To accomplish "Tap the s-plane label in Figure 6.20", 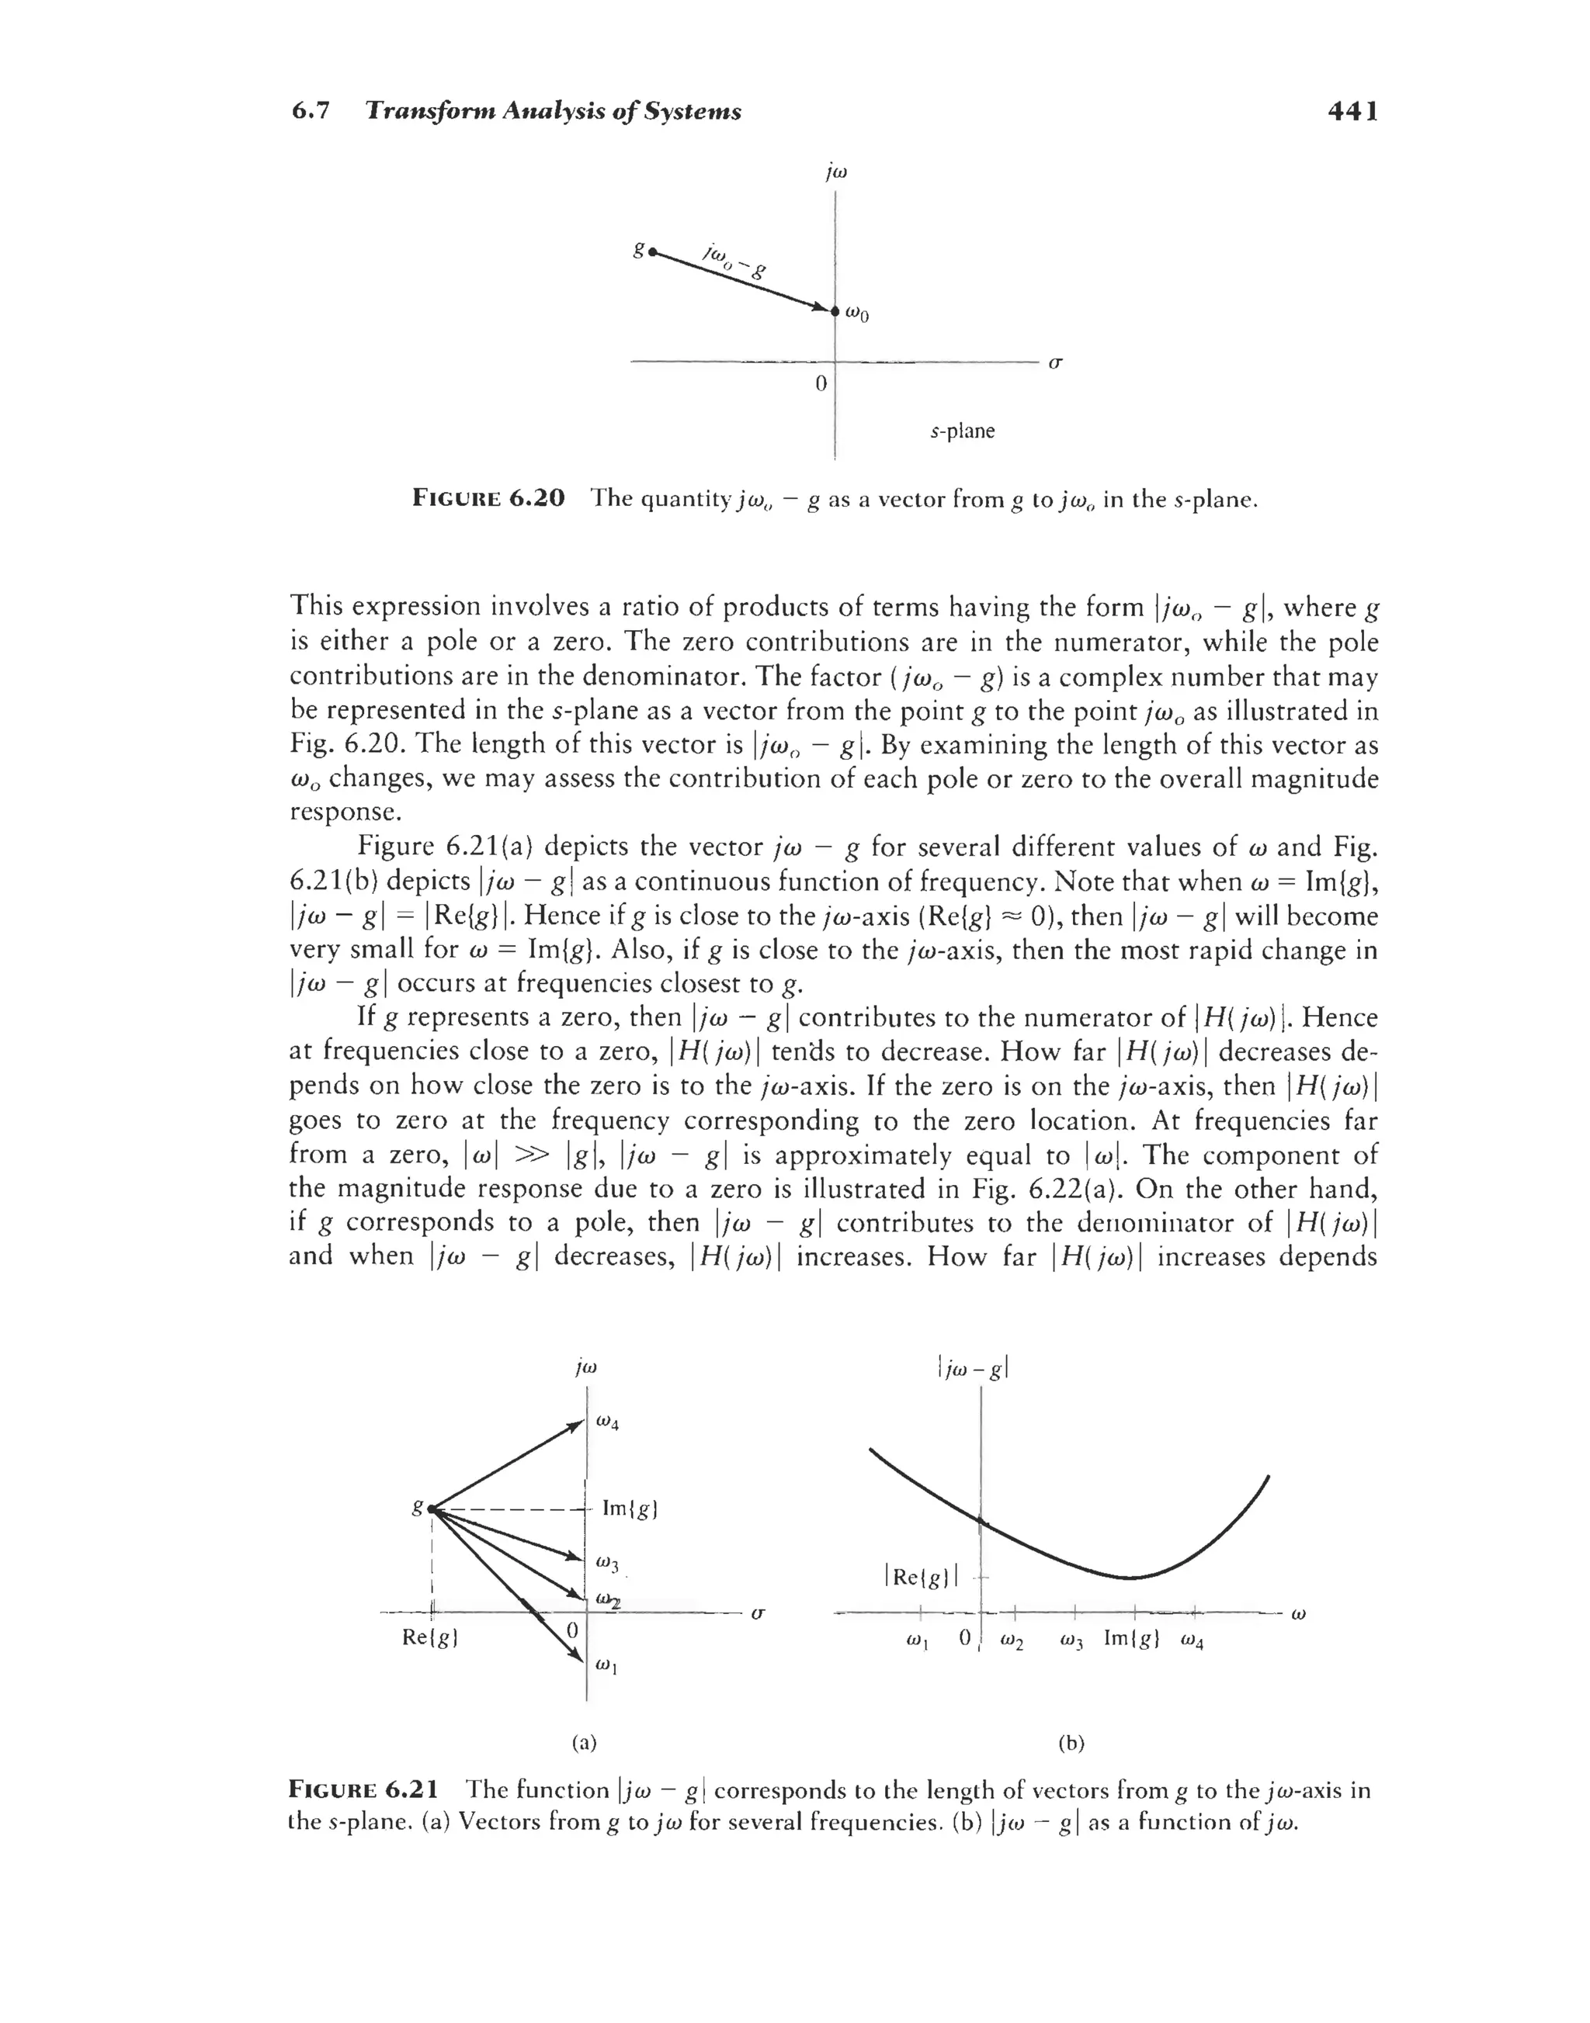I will (x=963, y=431).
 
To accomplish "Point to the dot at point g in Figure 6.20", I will (x=653, y=251).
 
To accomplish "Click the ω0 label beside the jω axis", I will (x=857, y=314).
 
